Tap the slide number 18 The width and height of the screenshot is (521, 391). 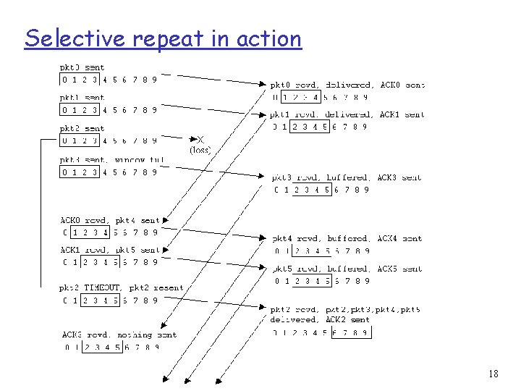click(494, 374)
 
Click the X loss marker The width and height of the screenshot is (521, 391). click(200, 139)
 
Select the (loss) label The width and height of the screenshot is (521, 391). click(200, 151)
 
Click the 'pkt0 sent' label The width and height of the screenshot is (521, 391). click(82, 68)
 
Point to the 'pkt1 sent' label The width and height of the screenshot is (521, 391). click(82, 98)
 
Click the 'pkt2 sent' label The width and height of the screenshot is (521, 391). click(82, 129)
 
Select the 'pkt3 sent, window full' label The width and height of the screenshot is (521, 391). click(111, 160)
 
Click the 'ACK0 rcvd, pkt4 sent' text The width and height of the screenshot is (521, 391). click(110, 220)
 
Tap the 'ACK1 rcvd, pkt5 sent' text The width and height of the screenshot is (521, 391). click(110, 250)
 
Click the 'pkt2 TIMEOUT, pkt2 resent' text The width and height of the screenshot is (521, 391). click(122, 287)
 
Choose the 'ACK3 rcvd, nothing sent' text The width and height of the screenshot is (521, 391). click(119, 335)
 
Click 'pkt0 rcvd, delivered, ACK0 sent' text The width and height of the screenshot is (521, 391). click(347, 85)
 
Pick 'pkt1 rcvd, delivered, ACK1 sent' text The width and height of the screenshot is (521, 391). click(347, 114)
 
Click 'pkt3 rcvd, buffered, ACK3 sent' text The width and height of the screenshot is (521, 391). click(347, 177)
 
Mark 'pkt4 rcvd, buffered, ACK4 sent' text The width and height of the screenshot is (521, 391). click(347, 238)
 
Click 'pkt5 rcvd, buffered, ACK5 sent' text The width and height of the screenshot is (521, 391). click(347, 269)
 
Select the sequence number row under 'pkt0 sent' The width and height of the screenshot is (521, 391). click(109, 80)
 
